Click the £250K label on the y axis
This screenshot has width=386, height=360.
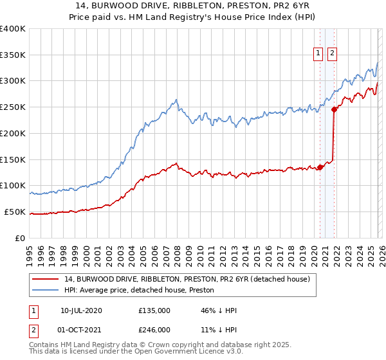[x=13, y=107]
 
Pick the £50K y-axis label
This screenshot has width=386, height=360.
[x=15, y=212]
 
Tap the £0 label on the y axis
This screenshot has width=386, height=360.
[x=21, y=238]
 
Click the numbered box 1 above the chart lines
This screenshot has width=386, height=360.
[x=318, y=54]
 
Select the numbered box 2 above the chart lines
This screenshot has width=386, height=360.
[x=332, y=54]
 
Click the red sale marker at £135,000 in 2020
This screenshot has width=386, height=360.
[x=320, y=168]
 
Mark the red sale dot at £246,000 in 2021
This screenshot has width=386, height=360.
[x=334, y=110]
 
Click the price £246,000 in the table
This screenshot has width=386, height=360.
[x=154, y=329]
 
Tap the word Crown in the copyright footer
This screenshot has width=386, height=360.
[x=155, y=346]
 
